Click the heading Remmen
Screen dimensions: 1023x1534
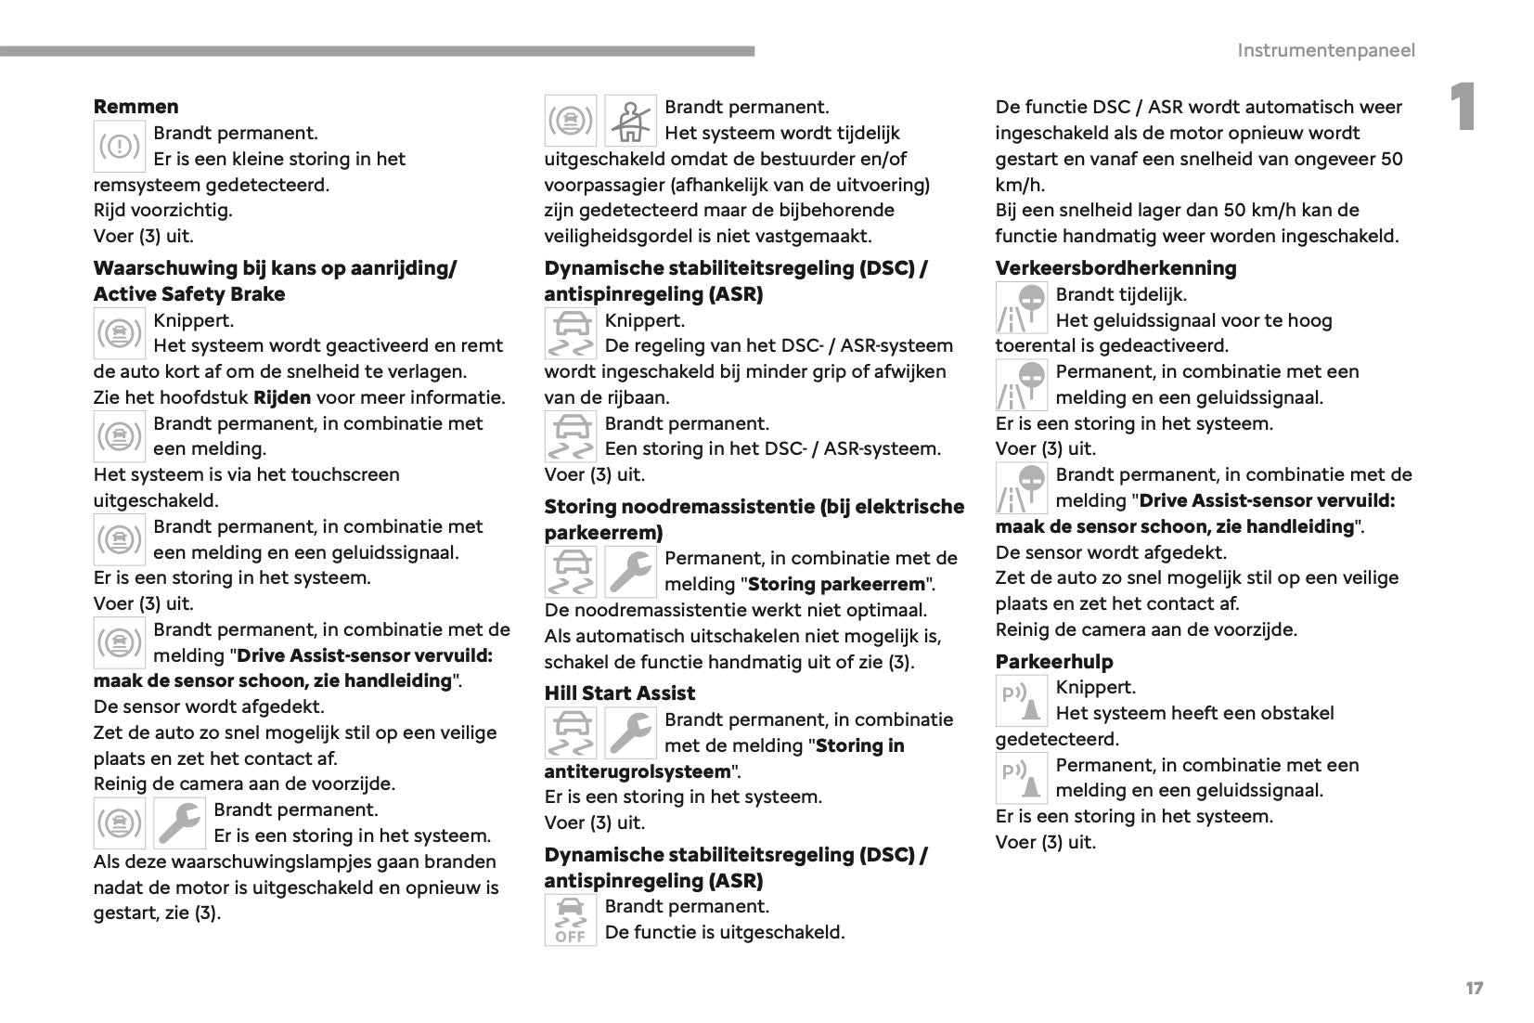135,107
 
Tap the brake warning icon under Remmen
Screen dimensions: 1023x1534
120,147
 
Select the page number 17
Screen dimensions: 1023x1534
1474,988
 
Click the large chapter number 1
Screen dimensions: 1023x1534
1463,108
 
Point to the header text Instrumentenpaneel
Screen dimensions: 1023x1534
1325,50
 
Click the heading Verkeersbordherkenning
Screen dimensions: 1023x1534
1115,268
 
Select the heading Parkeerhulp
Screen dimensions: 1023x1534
1053,662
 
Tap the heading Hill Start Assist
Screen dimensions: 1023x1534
619,693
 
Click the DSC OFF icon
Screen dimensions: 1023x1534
570,920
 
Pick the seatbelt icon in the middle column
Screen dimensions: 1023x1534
630,122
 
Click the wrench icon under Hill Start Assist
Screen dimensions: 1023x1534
630,733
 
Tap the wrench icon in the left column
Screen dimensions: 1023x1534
179,823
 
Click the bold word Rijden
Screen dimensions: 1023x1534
282,398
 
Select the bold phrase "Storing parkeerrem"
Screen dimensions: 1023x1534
836,585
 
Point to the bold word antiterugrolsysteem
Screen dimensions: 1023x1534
638,771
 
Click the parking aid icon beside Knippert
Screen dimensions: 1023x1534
1021,702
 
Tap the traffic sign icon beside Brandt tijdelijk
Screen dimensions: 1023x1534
1021,308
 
